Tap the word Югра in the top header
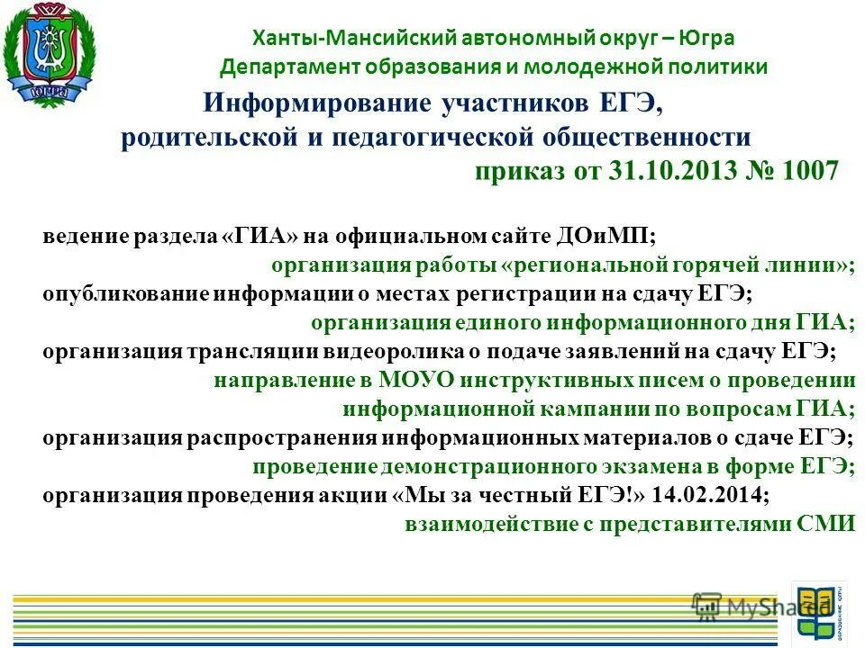coord(707,39)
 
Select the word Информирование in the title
coord(317,103)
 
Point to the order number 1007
coord(806,171)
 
